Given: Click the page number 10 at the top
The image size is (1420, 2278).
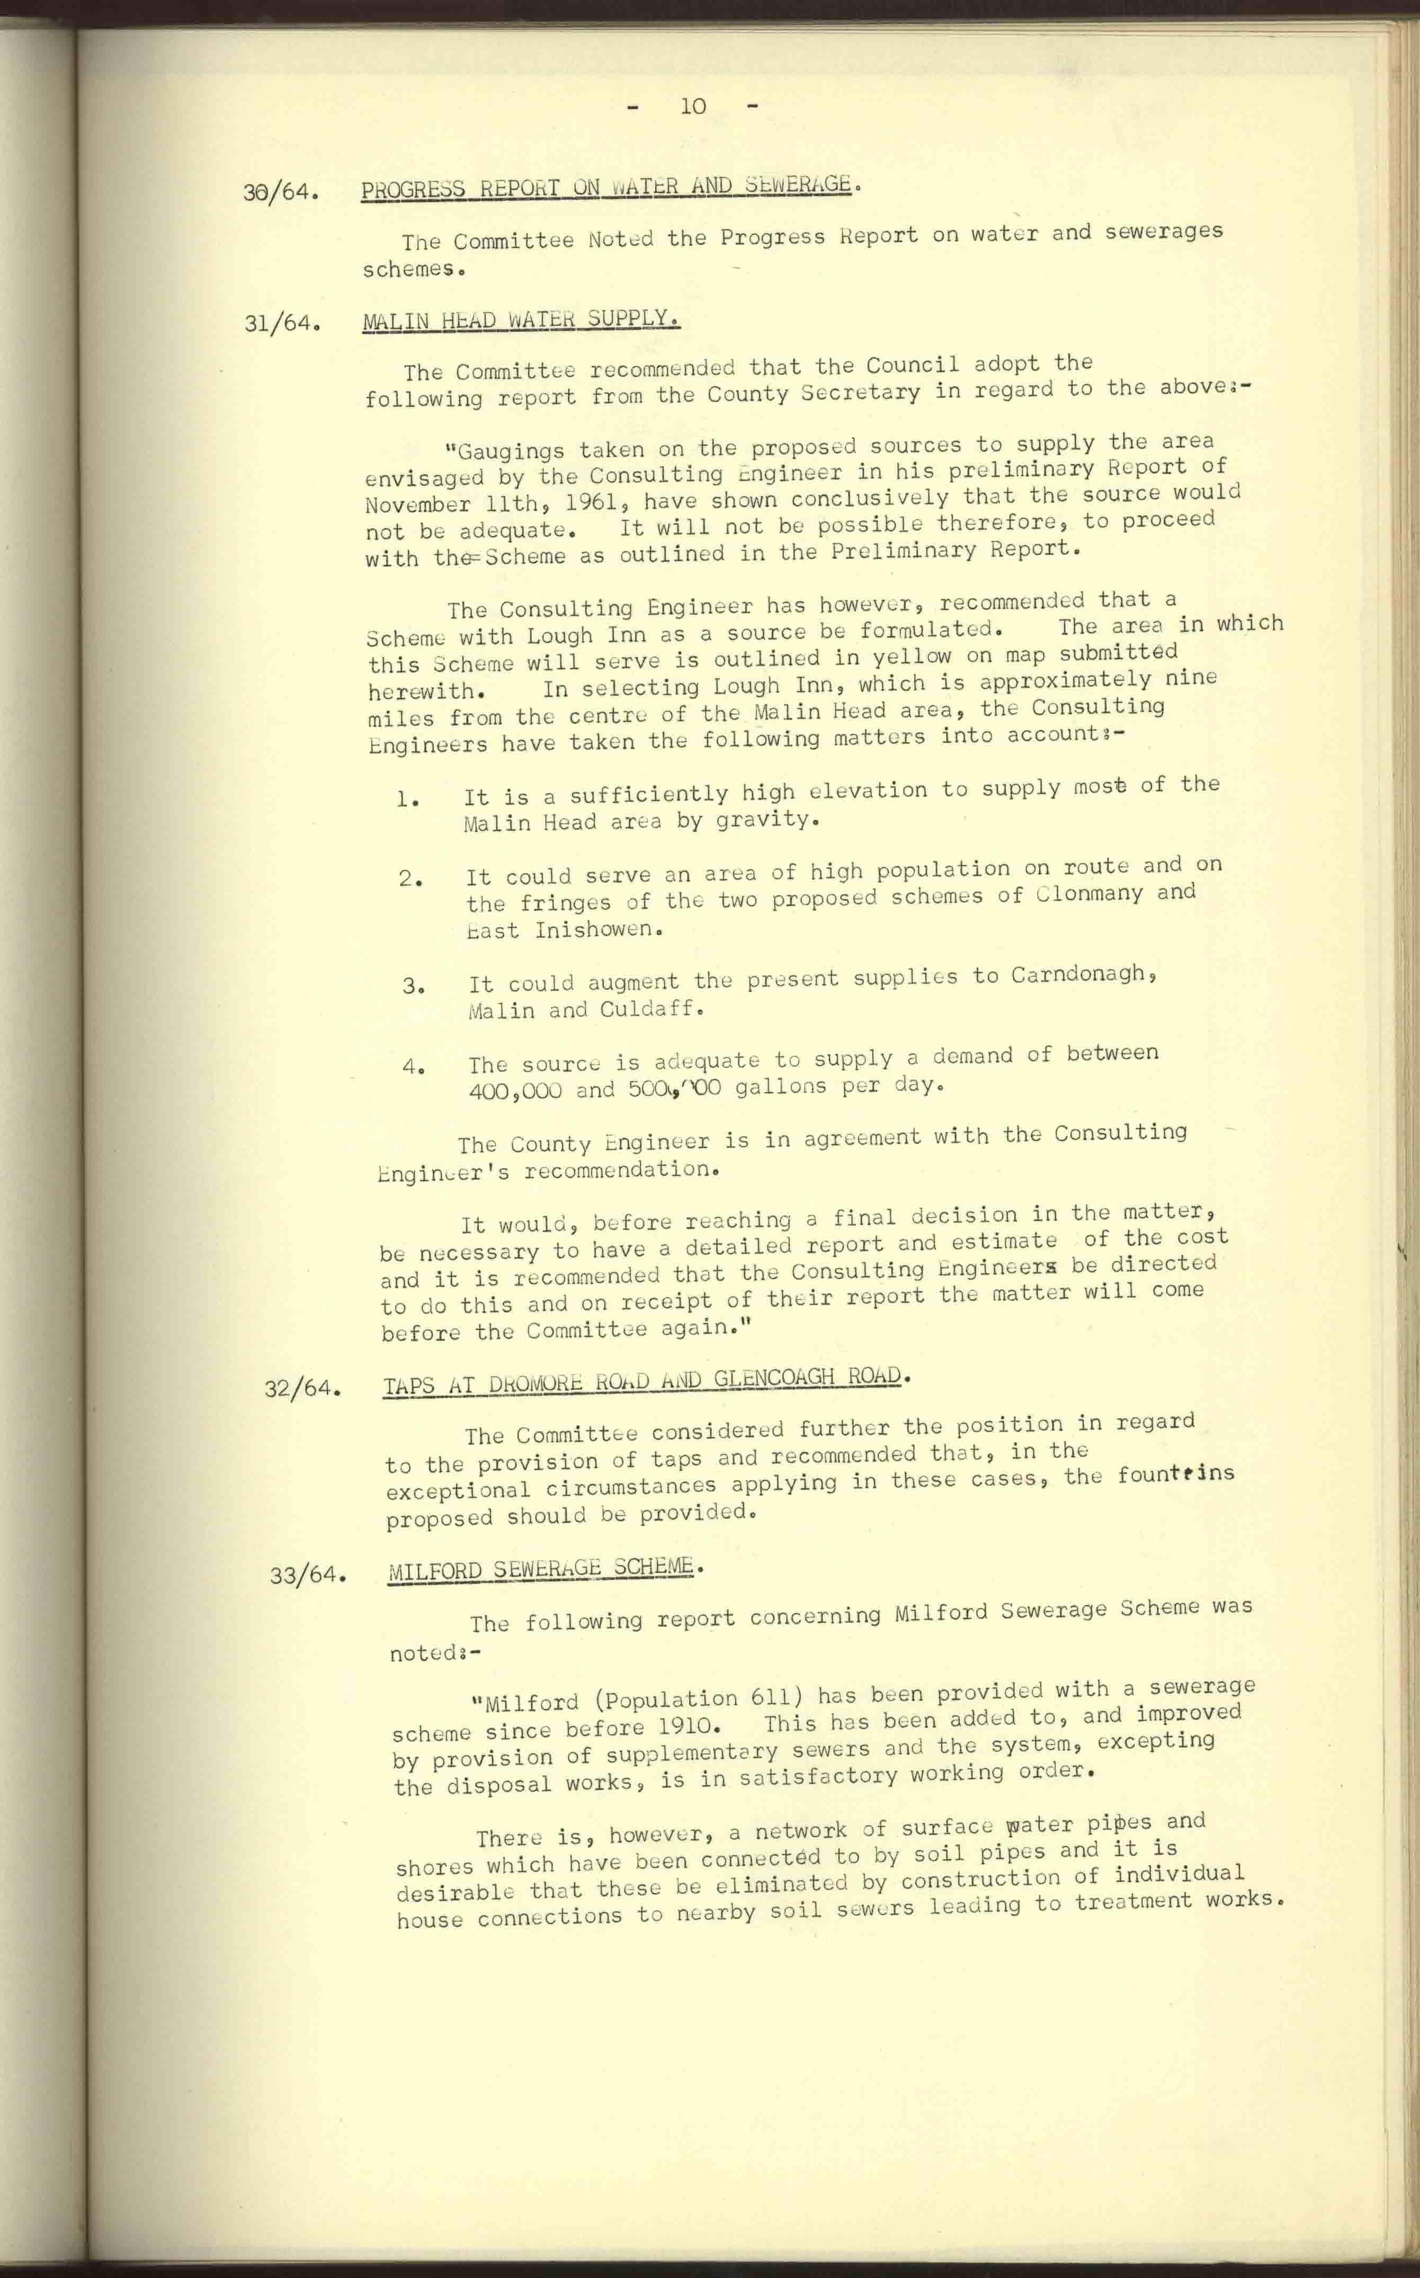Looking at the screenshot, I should point(693,106).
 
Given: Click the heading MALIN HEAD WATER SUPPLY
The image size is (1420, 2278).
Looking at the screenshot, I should point(521,320).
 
